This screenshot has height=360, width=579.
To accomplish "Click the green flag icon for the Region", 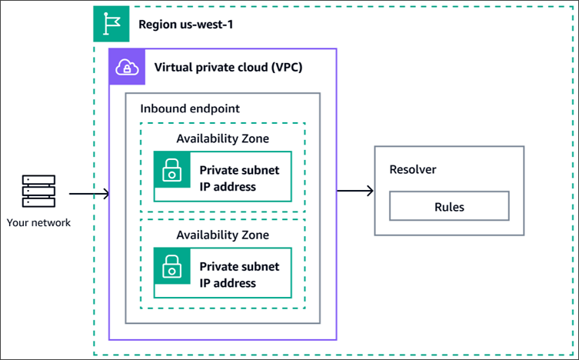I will point(106,25).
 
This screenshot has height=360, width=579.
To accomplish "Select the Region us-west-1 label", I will point(185,25).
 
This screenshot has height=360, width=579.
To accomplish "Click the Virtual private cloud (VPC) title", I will point(228,68).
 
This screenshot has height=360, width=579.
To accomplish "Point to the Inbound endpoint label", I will point(190,108).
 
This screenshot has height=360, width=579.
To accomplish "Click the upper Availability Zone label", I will point(223,138).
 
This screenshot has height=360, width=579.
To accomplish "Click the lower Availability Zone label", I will point(223,235).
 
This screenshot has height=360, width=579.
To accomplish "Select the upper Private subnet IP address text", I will point(239,178).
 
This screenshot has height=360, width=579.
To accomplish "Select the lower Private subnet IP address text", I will point(239,275).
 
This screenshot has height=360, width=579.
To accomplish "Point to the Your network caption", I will point(38,223).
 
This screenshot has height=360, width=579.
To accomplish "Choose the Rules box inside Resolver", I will point(449,206).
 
